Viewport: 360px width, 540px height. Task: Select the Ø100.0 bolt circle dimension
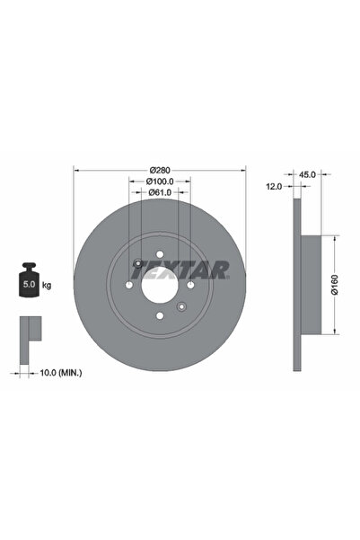coord(161,181)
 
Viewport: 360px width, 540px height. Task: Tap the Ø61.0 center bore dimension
coord(161,193)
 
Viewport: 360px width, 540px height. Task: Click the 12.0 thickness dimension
coord(276,186)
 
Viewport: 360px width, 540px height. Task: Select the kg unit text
coord(46,285)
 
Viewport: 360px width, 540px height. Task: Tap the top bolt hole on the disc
coord(160,254)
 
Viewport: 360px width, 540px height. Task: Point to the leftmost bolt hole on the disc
coord(130,285)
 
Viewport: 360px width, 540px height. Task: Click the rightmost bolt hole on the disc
coord(190,285)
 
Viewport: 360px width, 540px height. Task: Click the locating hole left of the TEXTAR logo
coord(136,263)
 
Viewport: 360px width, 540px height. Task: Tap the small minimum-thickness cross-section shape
coord(29,332)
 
